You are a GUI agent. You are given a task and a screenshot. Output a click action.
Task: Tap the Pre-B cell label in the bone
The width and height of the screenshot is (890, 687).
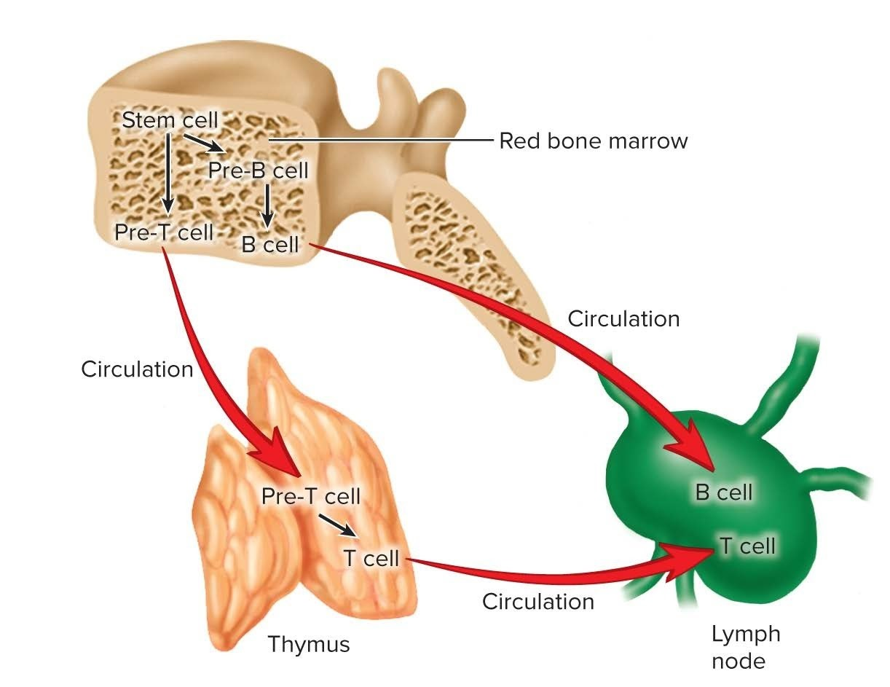[x=259, y=170]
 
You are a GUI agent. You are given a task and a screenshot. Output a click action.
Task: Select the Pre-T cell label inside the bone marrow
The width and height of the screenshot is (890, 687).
[x=164, y=232]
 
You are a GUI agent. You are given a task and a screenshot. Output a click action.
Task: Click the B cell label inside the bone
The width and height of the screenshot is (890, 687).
[x=270, y=245]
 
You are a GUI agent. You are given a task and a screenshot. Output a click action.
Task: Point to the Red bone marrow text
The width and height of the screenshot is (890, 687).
[x=593, y=141]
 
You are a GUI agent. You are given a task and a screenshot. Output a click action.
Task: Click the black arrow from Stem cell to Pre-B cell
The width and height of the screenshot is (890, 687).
[x=203, y=143]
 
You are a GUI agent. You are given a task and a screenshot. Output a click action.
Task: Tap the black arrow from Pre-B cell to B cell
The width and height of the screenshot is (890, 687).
[x=267, y=205]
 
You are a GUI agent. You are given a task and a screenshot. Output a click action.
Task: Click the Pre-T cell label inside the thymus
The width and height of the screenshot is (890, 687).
[x=311, y=496]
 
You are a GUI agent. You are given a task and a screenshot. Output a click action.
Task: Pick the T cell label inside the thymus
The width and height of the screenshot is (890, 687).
[x=371, y=558]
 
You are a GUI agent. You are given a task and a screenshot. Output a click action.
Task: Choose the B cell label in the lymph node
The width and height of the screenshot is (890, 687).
[x=723, y=492]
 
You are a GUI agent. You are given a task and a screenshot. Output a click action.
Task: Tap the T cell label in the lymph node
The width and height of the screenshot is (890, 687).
[x=747, y=546]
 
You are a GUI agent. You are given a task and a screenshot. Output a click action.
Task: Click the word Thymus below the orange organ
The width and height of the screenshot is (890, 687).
[x=309, y=644]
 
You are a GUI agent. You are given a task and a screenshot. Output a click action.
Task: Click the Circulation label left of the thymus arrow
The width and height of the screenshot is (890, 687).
[x=137, y=369]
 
